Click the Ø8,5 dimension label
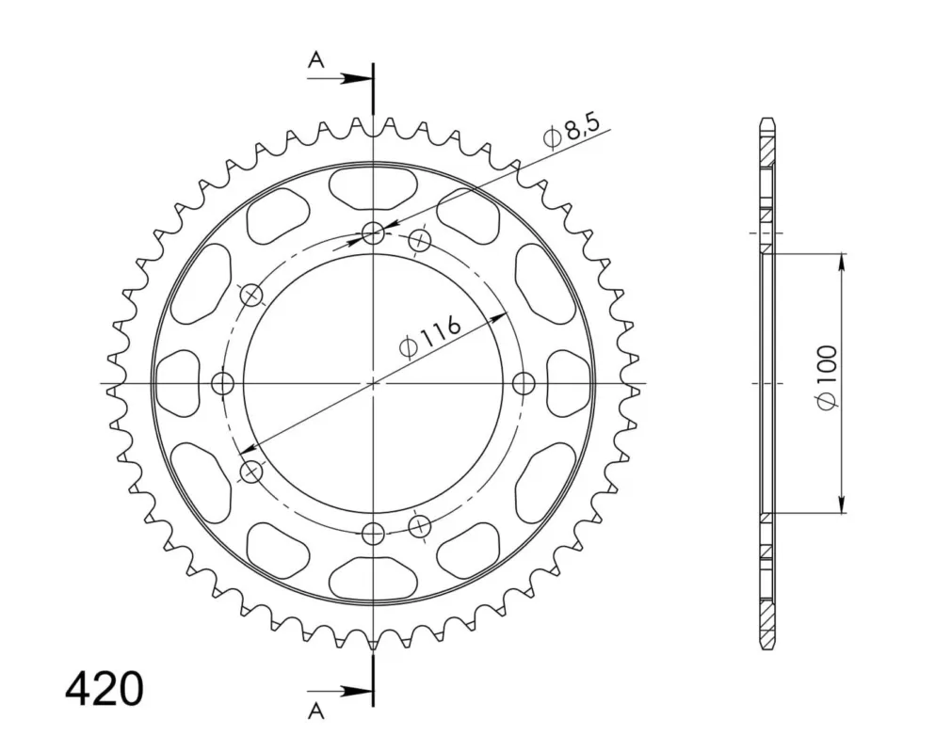click(x=570, y=135)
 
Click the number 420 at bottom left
click(x=105, y=690)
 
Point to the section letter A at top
click(x=316, y=59)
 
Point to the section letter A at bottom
click(x=316, y=711)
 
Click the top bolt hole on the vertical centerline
click(x=373, y=233)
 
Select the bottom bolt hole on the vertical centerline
click(x=373, y=532)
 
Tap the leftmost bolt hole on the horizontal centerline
click(x=223, y=382)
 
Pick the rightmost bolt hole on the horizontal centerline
click(x=523, y=382)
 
